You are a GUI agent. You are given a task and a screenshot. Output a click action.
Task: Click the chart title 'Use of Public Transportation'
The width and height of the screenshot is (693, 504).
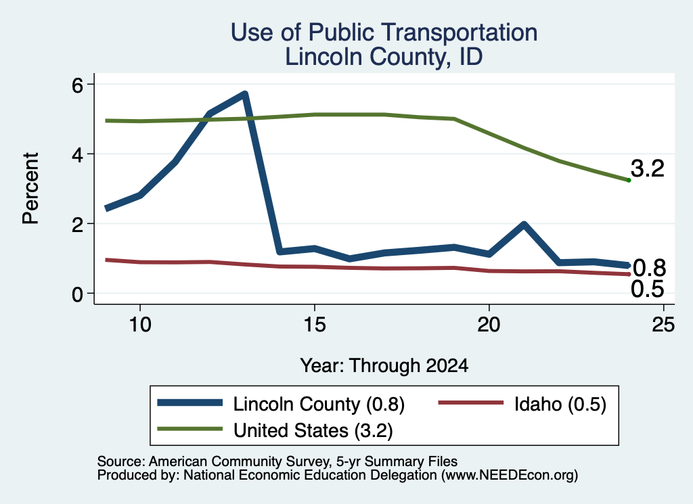(384, 32)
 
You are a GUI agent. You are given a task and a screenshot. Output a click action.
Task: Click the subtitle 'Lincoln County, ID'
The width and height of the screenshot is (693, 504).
(384, 57)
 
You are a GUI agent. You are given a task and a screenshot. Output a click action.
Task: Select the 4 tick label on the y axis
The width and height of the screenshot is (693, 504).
(77, 155)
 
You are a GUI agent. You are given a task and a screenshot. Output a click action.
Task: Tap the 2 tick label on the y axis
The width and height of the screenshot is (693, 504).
(77, 225)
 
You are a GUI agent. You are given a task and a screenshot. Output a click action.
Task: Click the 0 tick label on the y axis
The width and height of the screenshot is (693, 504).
(77, 294)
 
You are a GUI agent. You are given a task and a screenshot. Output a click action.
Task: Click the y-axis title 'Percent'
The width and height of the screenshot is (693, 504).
(30, 188)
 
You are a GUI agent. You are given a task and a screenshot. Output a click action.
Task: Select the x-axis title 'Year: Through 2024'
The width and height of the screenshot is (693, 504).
(384, 366)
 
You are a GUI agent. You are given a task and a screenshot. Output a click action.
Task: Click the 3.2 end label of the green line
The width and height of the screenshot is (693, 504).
(648, 168)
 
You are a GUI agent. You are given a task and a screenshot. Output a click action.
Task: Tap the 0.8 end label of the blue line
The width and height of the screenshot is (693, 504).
(649, 268)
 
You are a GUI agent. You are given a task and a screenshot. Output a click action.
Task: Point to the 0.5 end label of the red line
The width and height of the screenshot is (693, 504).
(648, 290)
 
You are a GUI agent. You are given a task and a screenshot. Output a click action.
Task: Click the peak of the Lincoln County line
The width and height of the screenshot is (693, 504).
(244, 93)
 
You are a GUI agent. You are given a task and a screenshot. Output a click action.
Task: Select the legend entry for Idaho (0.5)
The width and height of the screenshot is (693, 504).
(522, 404)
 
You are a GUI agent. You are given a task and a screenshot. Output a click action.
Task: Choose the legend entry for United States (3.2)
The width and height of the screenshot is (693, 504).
(275, 430)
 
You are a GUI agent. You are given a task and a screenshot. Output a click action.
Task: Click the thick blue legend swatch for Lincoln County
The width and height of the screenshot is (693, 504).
(190, 403)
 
